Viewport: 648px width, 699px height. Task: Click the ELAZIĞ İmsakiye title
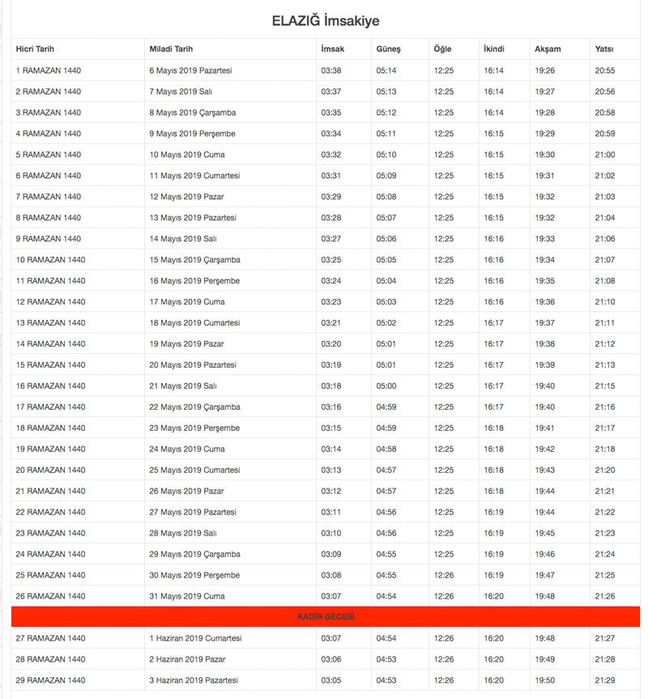(x=325, y=21)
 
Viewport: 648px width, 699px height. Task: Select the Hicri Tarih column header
(x=35, y=49)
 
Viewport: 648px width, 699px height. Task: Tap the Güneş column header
(x=388, y=49)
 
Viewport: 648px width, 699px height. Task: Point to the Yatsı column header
(x=604, y=49)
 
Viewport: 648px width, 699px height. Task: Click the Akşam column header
(x=548, y=49)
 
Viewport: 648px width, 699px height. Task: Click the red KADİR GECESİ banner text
(x=326, y=617)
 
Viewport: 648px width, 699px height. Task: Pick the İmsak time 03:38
(x=330, y=70)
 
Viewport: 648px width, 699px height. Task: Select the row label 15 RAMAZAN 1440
(x=50, y=365)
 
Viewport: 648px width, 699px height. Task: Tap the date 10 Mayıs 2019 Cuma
(x=187, y=155)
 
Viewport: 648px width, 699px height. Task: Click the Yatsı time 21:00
(x=605, y=155)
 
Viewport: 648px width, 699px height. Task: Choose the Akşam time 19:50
(x=544, y=680)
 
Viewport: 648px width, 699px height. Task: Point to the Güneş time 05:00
(x=386, y=386)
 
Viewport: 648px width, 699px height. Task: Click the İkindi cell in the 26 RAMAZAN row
(x=493, y=596)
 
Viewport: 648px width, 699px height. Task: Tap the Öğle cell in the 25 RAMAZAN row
(x=444, y=575)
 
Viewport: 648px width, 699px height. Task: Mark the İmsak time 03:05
(x=330, y=680)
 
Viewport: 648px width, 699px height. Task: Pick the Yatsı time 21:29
(x=605, y=680)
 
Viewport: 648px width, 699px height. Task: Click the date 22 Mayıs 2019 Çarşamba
(x=194, y=407)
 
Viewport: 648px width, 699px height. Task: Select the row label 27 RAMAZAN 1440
(x=50, y=638)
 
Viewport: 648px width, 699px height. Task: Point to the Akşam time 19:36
(x=544, y=302)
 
